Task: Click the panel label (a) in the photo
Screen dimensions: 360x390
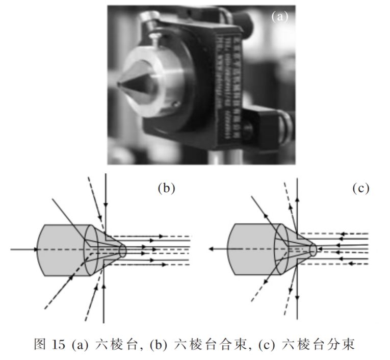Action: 279,16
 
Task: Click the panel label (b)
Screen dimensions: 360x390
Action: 166,188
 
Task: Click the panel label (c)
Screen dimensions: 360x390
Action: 360,188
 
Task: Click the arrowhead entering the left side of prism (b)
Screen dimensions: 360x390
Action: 36,249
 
